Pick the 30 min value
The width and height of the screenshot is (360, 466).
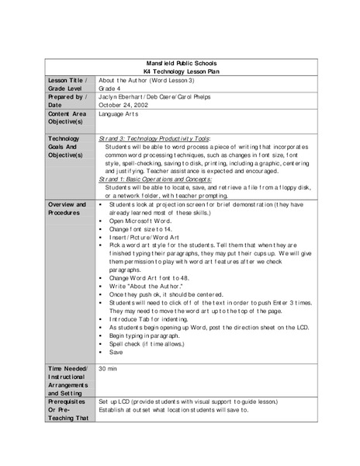(x=108, y=369)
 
